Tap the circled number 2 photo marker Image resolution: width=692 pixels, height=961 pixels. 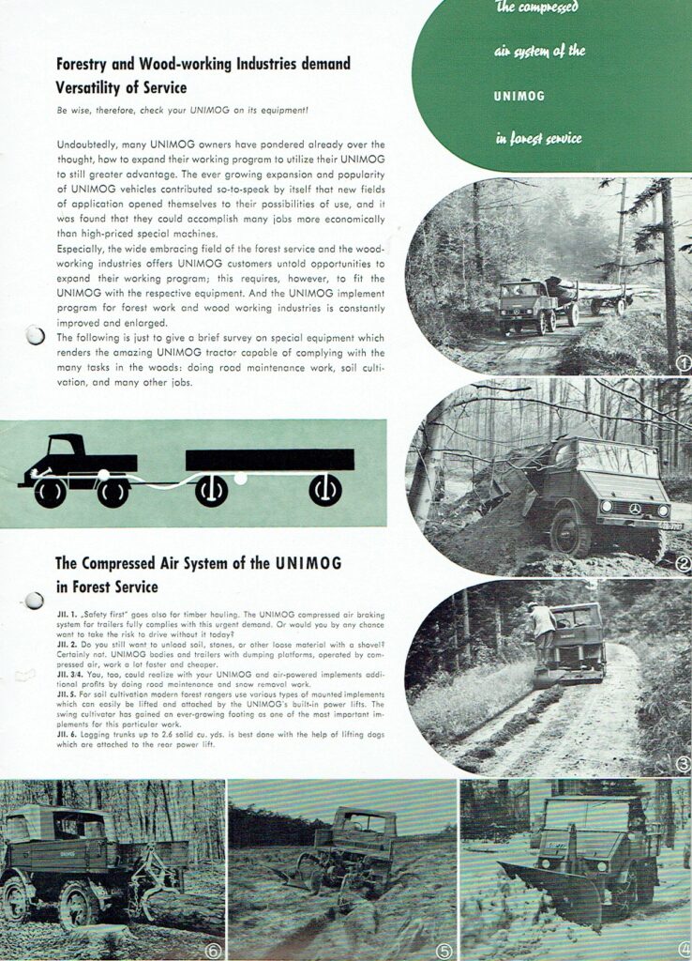tap(683, 564)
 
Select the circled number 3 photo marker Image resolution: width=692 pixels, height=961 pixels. tap(683, 763)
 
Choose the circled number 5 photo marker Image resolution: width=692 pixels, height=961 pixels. tap(444, 950)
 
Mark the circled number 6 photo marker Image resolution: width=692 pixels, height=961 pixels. tap(213, 950)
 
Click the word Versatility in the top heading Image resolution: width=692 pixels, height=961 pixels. tap(93, 87)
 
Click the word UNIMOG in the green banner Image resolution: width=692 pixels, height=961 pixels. tap(519, 96)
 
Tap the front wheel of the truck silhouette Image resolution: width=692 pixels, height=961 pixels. tap(51, 491)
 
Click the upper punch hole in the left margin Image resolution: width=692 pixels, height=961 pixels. tap(35, 335)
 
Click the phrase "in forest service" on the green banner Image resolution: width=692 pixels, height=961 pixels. tap(538, 139)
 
